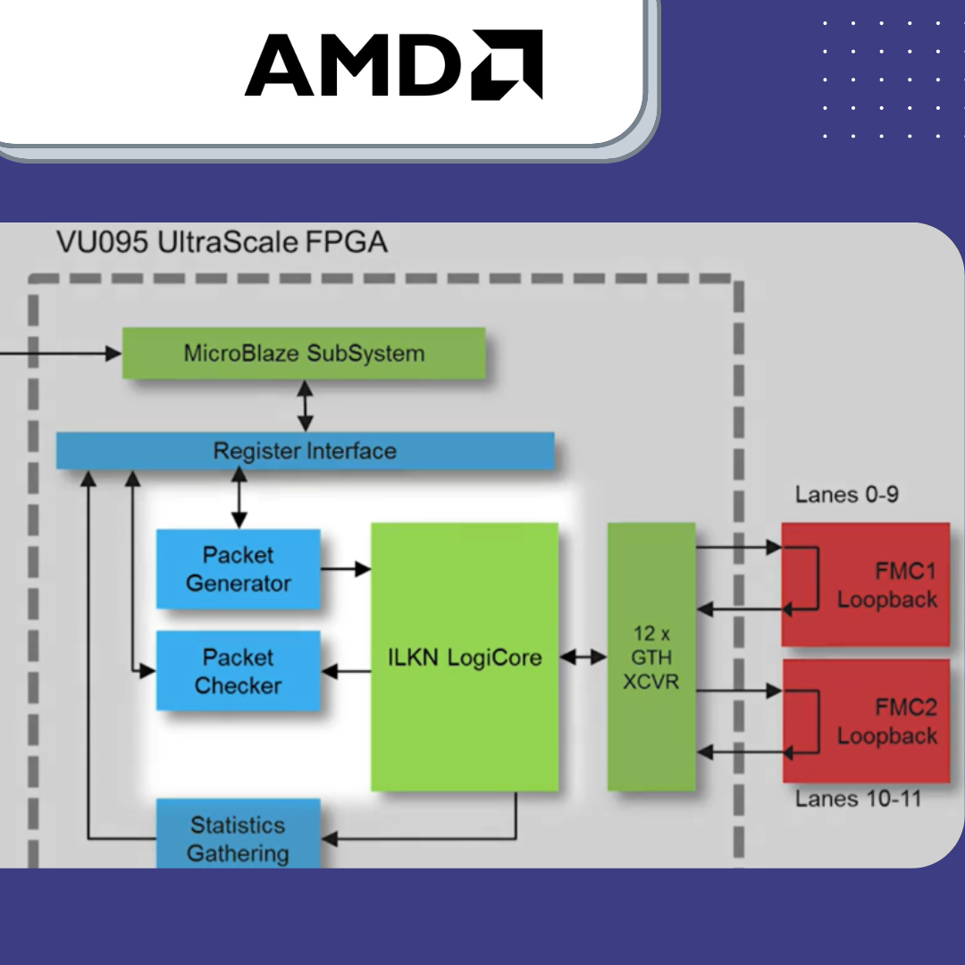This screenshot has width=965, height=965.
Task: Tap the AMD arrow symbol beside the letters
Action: (x=508, y=64)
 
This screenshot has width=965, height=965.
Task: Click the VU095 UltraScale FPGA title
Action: (x=222, y=242)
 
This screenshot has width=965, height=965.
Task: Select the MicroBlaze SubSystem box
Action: (x=304, y=353)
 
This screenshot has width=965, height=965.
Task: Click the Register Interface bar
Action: (x=305, y=450)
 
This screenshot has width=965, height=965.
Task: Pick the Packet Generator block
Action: (x=239, y=569)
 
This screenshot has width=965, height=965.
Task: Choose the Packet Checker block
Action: (x=239, y=671)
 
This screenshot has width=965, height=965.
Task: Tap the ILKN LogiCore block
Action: (x=465, y=658)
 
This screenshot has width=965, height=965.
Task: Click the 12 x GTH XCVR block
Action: (x=651, y=657)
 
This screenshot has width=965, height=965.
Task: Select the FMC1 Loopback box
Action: (x=865, y=584)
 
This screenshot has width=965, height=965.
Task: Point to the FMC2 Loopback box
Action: (x=865, y=721)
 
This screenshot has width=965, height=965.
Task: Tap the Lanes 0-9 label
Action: (x=846, y=494)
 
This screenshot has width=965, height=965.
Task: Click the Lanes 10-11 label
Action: (x=858, y=798)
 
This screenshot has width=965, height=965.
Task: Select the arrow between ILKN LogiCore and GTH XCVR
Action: (x=583, y=658)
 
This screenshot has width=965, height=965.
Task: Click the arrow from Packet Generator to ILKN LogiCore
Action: (x=346, y=568)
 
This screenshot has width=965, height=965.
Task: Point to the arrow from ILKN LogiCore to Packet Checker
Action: (x=346, y=671)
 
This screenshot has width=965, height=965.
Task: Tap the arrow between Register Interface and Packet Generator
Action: (x=239, y=499)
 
